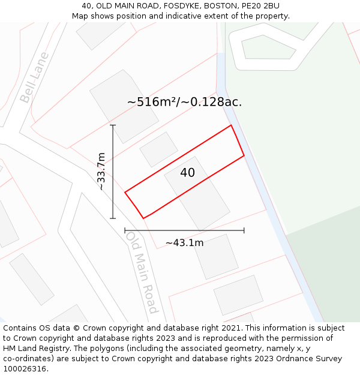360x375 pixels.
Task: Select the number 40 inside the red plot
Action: [187, 173]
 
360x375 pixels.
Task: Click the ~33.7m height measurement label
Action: [101, 172]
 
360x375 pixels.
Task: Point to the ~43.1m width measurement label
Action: [184, 243]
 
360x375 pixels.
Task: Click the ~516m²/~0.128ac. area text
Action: [184, 102]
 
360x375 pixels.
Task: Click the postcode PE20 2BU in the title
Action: [259, 6]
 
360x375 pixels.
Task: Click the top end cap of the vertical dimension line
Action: [113, 125]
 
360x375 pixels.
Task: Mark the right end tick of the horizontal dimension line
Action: [244, 230]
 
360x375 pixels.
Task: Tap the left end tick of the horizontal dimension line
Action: [125, 230]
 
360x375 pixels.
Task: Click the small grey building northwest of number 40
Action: [159, 149]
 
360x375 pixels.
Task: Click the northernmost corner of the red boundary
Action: [231, 125]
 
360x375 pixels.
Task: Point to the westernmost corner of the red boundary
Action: [125, 192]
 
